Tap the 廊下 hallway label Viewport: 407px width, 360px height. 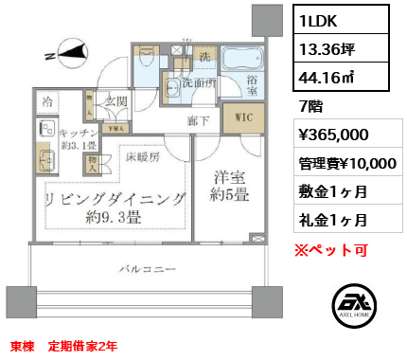click(198, 120)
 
